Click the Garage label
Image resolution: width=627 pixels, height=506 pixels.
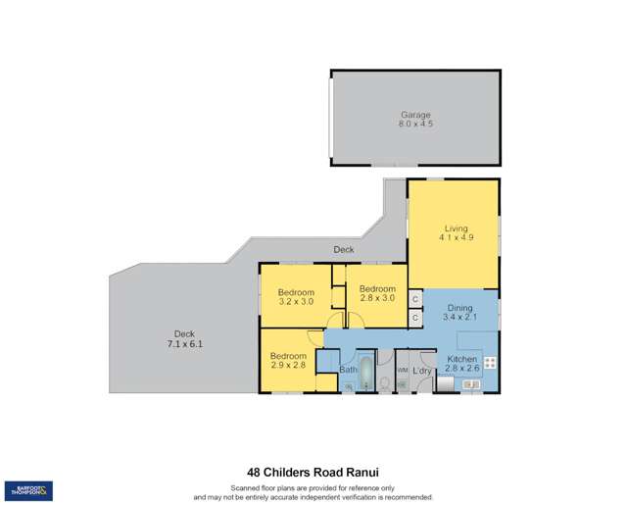415,120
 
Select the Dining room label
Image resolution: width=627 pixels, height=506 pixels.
459,312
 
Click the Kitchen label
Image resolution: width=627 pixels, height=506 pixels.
461,364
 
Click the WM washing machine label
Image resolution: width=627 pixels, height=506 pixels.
402,371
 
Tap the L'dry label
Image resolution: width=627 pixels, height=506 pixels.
422,371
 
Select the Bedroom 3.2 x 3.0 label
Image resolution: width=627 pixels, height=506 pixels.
296,297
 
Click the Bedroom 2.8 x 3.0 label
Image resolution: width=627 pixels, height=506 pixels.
377,293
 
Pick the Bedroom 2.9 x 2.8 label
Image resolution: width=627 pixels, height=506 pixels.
289,360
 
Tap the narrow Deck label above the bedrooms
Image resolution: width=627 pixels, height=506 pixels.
343,250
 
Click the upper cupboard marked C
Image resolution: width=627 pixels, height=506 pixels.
415,298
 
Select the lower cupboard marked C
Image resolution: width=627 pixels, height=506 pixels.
415,318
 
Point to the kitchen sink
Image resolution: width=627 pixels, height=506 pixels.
469,384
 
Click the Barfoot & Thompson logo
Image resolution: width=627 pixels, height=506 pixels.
29,490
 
